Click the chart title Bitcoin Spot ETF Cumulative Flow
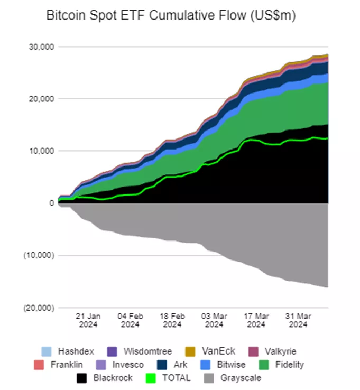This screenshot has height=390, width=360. (x=171, y=16)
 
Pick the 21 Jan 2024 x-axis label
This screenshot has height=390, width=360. (x=88, y=320)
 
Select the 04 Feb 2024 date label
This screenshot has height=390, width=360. (x=131, y=320)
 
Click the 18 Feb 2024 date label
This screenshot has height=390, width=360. (x=172, y=320)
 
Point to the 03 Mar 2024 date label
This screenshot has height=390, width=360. (x=214, y=320)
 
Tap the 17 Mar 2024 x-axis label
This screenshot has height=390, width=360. (x=256, y=320)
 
